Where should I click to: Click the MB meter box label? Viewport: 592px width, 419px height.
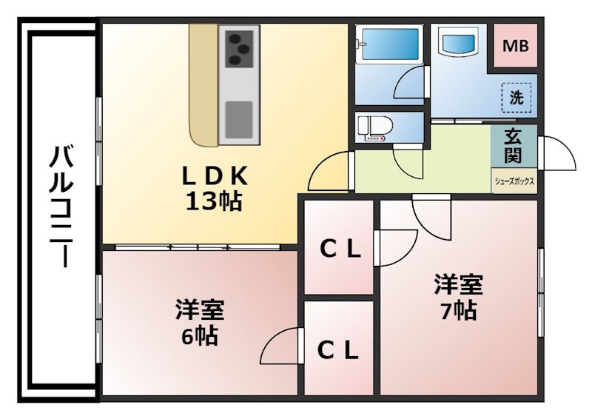[x=516, y=46]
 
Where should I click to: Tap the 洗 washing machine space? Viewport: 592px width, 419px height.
[x=517, y=96]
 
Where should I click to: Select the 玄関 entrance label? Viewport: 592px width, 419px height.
[x=514, y=146]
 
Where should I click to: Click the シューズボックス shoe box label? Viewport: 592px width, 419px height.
[x=514, y=181]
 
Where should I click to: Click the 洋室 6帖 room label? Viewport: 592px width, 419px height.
[x=200, y=322]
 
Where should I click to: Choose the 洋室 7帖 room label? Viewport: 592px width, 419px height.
[x=458, y=297]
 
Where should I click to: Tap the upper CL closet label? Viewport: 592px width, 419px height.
[x=340, y=250]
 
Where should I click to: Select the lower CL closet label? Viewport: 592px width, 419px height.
[x=339, y=349]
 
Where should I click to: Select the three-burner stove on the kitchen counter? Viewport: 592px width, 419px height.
[x=239, y=48]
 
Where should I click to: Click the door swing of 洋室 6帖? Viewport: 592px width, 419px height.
[x=281, y=348]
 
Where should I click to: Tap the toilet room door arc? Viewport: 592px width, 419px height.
[x=408, y=157]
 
